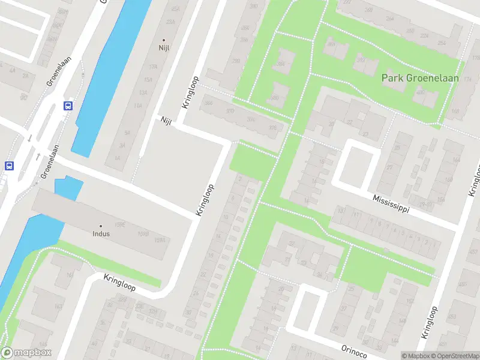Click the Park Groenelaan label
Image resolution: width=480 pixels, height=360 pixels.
coord(420,78)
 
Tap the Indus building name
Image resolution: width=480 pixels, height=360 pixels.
coord(101,233)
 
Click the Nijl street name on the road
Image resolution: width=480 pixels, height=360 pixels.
coord(166,121)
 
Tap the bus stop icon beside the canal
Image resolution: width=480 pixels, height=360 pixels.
coord(68,106)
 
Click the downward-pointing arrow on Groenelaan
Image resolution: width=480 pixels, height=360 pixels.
coord(29,139)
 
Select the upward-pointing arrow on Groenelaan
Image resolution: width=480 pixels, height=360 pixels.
coord(37,157)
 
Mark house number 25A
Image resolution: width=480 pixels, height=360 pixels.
coord(175,9)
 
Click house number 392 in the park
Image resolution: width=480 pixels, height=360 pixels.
coord(361,61)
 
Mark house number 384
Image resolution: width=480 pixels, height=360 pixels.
coord(280,64)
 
